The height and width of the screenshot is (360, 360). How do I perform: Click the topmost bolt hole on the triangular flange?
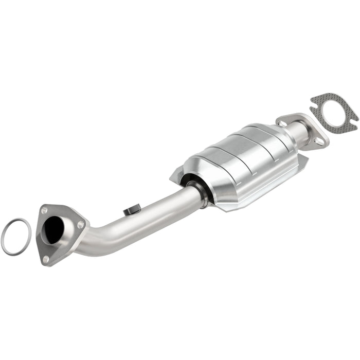point(45,210)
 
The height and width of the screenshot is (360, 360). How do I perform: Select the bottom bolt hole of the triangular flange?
point(46,259)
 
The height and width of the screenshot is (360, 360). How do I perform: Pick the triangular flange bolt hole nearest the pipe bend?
point(80,225)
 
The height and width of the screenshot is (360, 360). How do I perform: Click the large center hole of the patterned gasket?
point(333,112)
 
